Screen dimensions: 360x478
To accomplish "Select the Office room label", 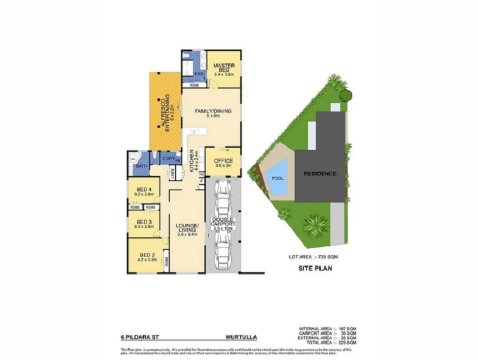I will [223, 161].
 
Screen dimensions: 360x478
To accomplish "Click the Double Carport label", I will [223, 224].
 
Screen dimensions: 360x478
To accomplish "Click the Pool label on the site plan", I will [278, 178].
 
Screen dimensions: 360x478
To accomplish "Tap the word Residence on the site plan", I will [320, 173].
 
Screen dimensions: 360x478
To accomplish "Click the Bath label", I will [141, 166].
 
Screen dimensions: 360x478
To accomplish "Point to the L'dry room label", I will [168, 158].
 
